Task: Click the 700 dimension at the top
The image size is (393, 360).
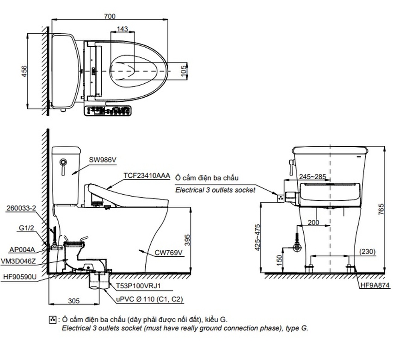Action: point(110,16)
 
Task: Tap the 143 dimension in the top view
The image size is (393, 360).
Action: point(123,29)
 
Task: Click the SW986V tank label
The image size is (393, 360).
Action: point(102,160)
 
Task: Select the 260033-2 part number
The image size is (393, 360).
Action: point(22,208)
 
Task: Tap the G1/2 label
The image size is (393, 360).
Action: point(27,228)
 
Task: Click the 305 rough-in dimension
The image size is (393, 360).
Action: point(73,301)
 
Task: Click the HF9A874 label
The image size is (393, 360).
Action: point(375,286)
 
